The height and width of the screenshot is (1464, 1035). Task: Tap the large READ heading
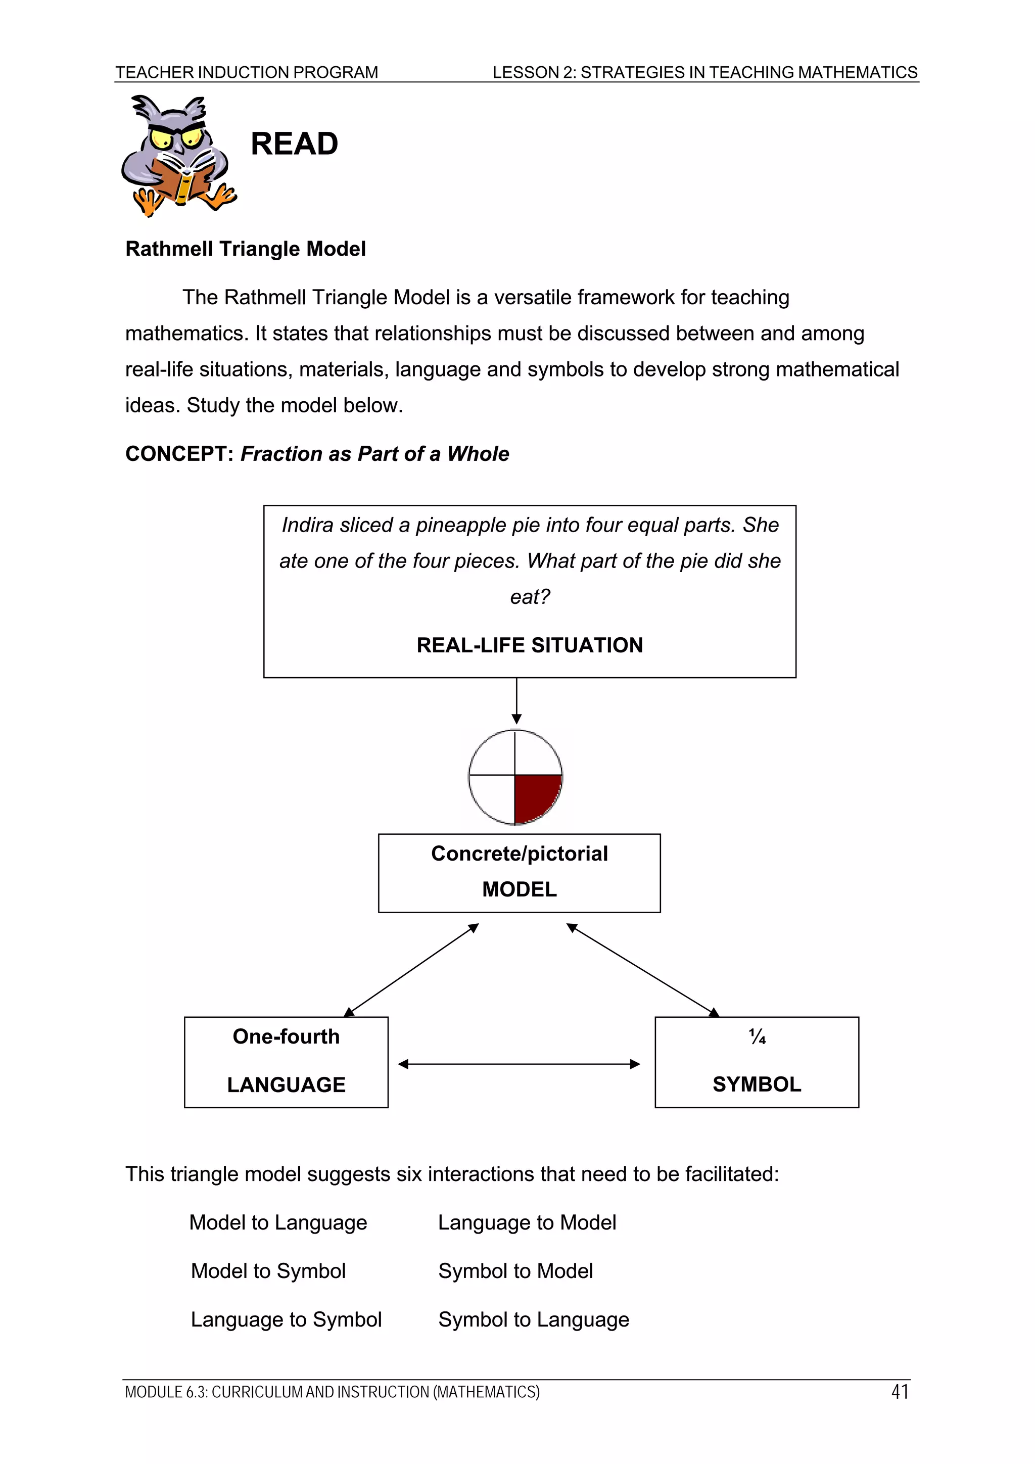pyautogui.click(x=294, y=144)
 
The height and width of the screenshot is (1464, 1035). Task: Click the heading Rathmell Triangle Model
pyautogui.click(x=246, y=249)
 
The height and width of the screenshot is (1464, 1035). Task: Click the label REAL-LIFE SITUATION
pyautogui.click(x=529, y=645)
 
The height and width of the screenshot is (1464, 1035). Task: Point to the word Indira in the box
pyautogui.click(x=307, y=525)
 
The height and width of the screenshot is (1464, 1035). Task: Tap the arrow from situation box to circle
pyautogui.click(x=516, y=701)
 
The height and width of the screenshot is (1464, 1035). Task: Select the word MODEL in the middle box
pyautogui.click(x=519, y=889)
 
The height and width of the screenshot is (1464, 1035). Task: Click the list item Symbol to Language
pyautogui.click(x=533, y=1319)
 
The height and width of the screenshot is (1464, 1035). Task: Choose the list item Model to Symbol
pyautogui.click(x=268, y=1271)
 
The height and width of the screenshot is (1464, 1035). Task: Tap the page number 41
pyautogui.click(x=899, y=1392)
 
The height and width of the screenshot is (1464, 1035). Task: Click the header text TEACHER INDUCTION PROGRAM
pyautogui.click(x=246, y=72)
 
